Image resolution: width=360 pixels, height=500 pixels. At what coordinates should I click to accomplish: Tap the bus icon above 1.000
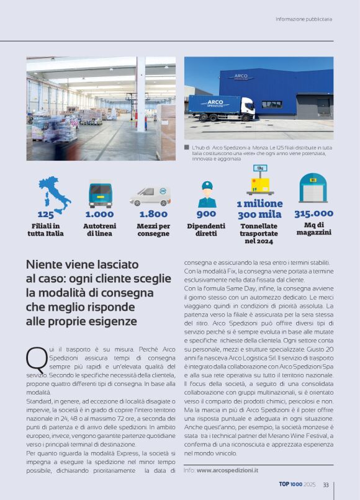tap(100, 194)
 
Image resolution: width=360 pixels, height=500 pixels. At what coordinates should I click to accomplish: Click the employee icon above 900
tap(206, 195)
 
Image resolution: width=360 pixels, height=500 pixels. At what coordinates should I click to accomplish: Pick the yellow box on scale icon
tap(260, 182)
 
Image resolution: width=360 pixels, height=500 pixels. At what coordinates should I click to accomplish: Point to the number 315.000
tap(313, 213)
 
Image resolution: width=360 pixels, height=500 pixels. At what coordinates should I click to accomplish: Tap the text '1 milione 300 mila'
tap(259, 209)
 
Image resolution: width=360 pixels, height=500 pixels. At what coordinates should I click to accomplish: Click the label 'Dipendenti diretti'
tap(206, 230)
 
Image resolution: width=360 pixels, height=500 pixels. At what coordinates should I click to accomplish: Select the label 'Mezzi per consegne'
tap(153, 230)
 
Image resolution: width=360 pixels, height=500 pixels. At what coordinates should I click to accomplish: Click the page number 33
tap(325, 485)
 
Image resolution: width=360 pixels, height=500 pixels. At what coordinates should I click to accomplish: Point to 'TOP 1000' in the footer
tap(290, 485)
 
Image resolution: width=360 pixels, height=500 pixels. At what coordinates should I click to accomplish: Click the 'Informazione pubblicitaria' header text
tap(304, 19)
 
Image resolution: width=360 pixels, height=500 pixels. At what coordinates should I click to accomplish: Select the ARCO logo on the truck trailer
tap(215, 102)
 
